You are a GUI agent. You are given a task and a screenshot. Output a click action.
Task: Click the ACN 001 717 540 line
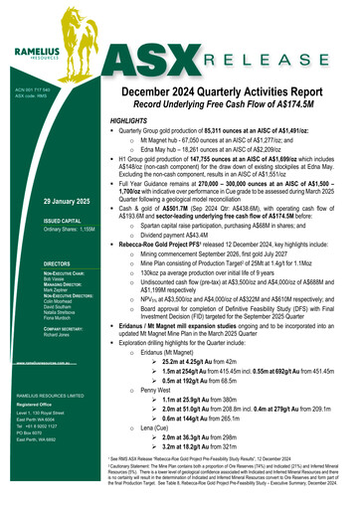pos(32,87)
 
